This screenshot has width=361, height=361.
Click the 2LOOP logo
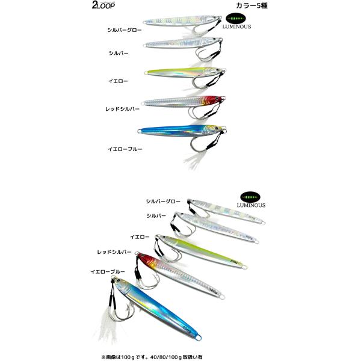pyautogui.click(x=103, y=5)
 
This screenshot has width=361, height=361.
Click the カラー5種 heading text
pyautogui.click(x=251, y=6)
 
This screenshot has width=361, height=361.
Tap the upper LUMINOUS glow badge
pyautogui.click(x=236, y=21)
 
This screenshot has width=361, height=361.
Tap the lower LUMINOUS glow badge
pyautogui.click(x=251, y=200)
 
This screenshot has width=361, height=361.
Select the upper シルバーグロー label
pyautogui.click(x=125, y=30)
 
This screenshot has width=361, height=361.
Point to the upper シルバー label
pyautogui.click(x=119, y=53)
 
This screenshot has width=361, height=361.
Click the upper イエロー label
pyautogui.click(x=118, y=81)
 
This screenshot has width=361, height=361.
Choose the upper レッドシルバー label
pyautogui.click(x=123, y=109)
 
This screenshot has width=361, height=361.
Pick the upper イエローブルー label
pyautogui.click(x=125, y=149)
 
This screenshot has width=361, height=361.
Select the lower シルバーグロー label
pyautogui.click(x=163, y=202)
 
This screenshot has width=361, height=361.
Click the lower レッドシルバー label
pyautogui.click(x=114, y=252)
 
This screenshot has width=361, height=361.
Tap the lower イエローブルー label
pyautogui.click(x=108, y=272)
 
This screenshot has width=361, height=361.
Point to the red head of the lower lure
pyautogui.click(x=146, y=259)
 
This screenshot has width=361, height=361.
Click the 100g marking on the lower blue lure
pyautogui.click(x=187, y=329)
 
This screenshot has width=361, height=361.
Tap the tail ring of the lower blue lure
pyautogui.click(x=199, y=338)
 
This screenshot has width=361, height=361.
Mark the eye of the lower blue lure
pyautogui.click(x=118, y=280)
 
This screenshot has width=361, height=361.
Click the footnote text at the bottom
pyautogui.click(x=152, y=357)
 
